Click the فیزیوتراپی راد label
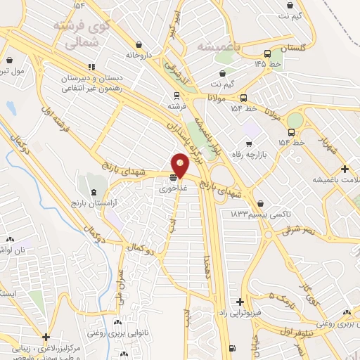click(240, 311)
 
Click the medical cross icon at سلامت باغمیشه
click(345, 169)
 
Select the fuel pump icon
click(232, 348)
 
